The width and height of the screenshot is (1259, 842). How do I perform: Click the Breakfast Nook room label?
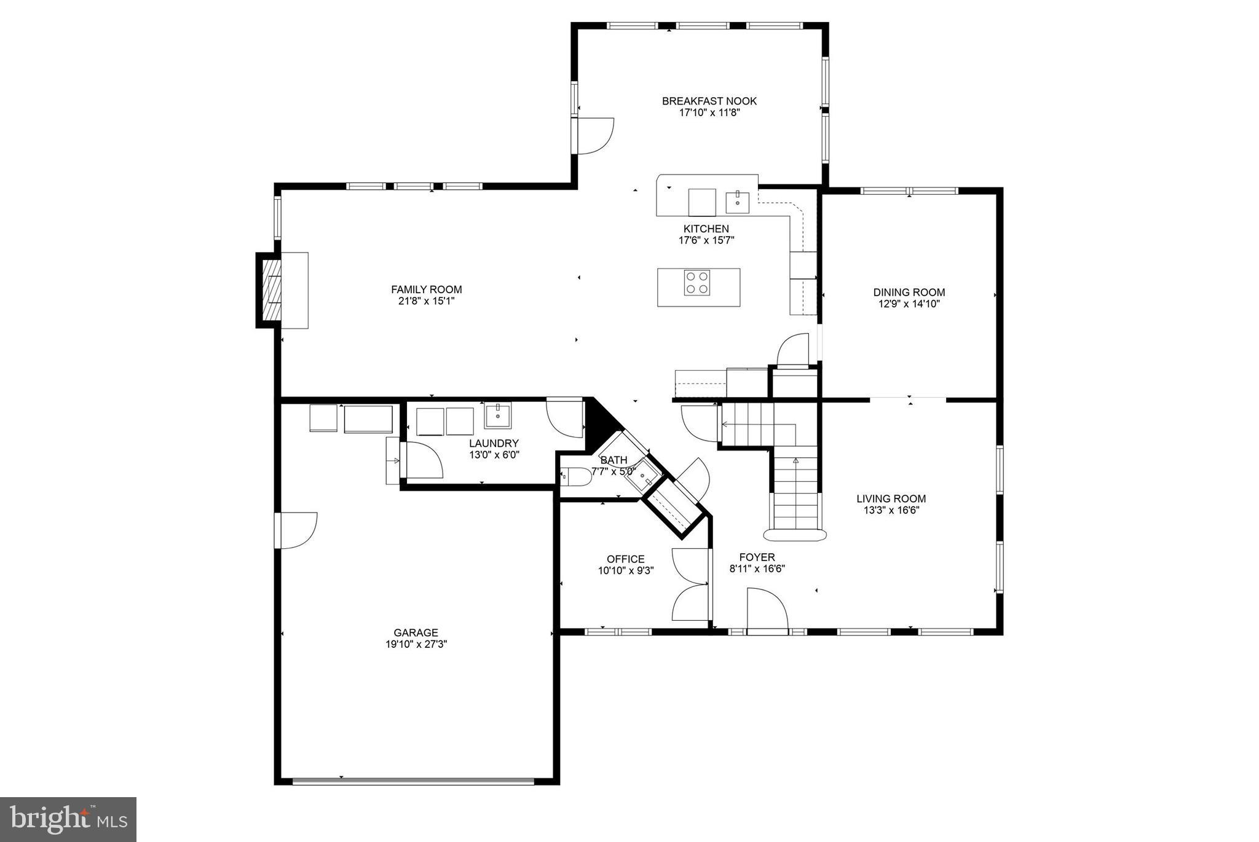(x=709, y=101)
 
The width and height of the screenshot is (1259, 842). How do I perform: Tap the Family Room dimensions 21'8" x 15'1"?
(x=426, y=301)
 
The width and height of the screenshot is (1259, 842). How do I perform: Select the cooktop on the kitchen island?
(x=697, y=283)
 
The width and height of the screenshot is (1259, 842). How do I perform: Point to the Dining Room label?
(x=909, y=293)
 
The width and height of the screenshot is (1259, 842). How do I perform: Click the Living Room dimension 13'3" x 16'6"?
(x=891, y=510)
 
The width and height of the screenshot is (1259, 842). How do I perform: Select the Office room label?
(x=625, y=559)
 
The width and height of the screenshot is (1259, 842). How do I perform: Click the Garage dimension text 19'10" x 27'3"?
(x=416, y=644)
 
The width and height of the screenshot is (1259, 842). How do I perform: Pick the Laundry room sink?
(x=497, y=415)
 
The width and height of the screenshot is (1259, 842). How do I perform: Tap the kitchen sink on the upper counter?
(x=737, y=201)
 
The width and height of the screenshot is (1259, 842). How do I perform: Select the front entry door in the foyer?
(x=767, y=610)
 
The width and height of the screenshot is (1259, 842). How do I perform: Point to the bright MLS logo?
(x=68, y=819)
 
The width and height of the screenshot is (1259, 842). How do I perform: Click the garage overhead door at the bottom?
(x=413, y=782)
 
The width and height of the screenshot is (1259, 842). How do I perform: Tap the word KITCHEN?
(x=706, y=229)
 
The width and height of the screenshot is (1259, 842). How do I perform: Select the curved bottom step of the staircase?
(x=794, y=534)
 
